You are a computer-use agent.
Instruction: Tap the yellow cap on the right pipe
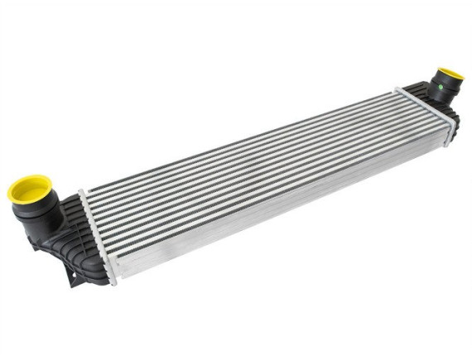[x=450, y=75]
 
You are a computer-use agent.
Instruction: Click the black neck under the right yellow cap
[x=437, y=89]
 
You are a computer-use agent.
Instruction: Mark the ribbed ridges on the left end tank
[x=58, y=248]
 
